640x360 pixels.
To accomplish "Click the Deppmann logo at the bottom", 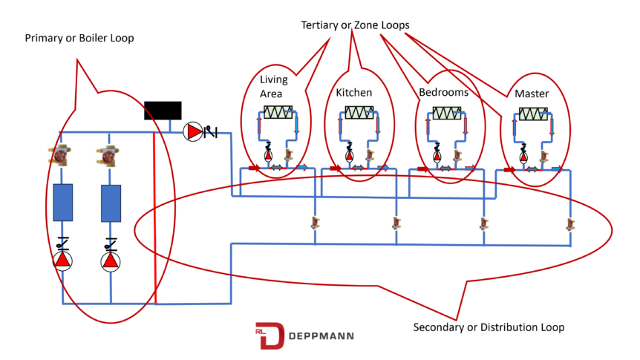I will (x=304, y=336).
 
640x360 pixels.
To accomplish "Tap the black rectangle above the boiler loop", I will (x=163, y=110).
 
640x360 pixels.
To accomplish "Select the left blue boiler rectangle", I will (x=62, y=202).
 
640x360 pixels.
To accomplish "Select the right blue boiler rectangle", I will (x=111, y=202).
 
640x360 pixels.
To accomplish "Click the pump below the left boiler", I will (x=62, y=261).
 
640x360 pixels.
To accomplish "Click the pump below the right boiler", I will (x=111, y=261).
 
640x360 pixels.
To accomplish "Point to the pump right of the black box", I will (x=193, y=132).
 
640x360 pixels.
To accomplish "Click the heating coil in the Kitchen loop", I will (x=359, y=112).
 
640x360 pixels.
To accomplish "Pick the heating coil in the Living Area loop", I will (x=278, y=112).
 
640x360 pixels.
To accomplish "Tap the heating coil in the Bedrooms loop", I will (x=447, y=113).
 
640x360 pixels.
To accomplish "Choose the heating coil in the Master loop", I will (x=534, y=114).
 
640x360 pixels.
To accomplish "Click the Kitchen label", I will (x=353, y=93).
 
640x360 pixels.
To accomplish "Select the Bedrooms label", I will (x=443, y=93).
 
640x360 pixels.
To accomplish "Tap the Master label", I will (x=531, y=95).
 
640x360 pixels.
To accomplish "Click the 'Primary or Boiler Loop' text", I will (x=79, y=38).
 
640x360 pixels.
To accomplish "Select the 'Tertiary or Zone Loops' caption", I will (x=354, y=24).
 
